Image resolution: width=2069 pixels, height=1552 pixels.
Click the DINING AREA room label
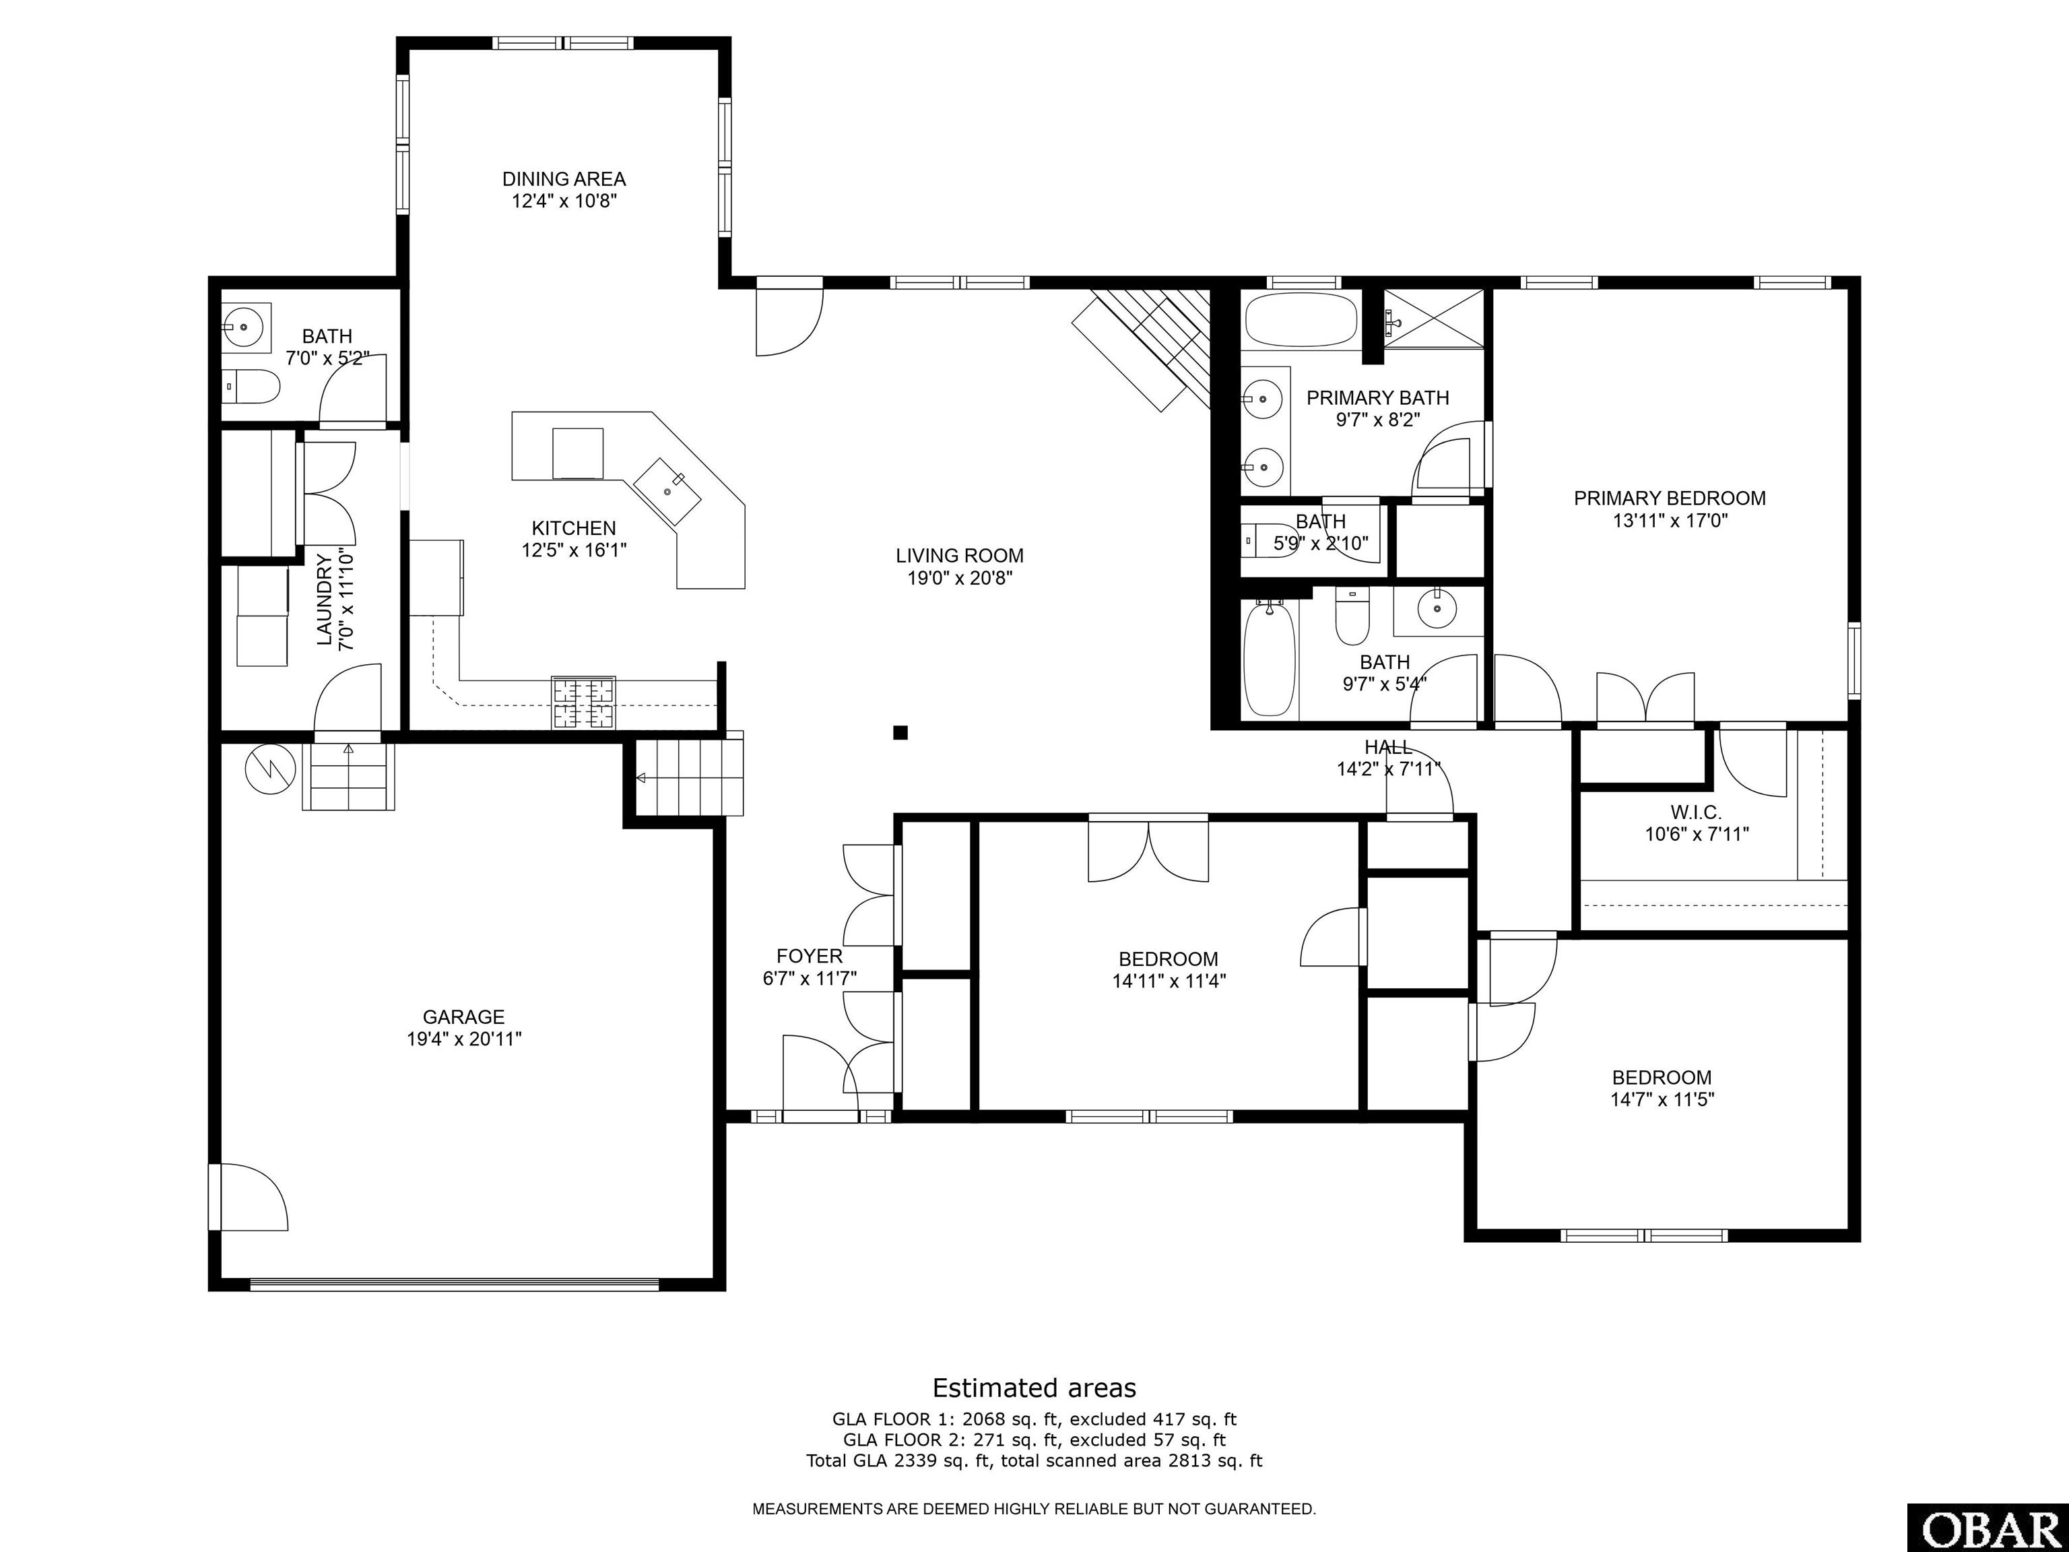563,179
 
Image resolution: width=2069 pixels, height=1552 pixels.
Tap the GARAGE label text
464,1017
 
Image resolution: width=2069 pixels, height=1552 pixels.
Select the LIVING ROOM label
960,556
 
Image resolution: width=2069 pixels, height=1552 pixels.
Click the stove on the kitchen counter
584,702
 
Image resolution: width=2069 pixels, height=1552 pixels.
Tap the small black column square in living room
900,732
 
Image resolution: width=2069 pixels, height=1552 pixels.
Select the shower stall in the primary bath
1434,319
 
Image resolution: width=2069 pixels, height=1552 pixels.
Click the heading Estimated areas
1034,1388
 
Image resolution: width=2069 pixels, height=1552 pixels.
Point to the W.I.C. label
1696,813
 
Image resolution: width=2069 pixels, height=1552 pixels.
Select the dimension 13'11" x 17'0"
1670,520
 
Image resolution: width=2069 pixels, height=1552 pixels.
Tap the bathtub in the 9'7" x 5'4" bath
1270,659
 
